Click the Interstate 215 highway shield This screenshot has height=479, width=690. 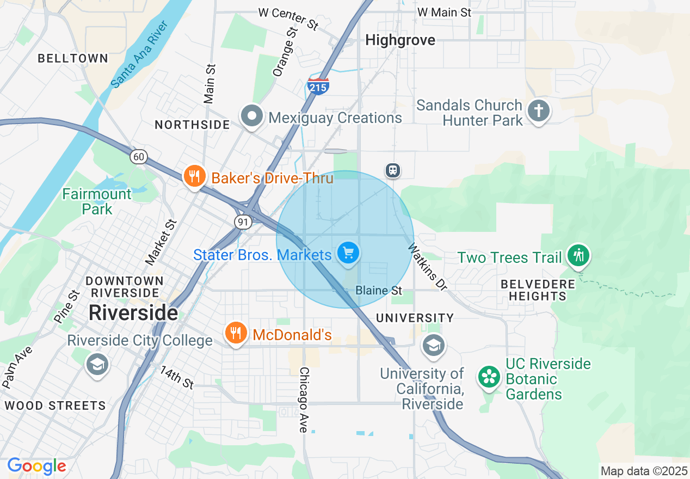318,86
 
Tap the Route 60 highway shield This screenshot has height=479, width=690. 139,157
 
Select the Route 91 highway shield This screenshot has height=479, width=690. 242,222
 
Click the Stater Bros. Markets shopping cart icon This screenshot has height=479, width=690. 348,253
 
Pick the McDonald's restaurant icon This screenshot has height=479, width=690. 235,333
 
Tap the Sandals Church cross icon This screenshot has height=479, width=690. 538,111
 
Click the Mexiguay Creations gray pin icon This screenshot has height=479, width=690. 252,116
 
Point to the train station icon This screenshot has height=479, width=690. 392,170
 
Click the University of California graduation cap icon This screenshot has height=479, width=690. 433,345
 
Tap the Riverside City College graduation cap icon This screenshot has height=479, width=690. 97,365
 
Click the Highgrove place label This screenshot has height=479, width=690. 400,40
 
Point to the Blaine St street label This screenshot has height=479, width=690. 378,291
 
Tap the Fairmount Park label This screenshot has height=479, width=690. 97,201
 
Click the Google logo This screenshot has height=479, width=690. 37,466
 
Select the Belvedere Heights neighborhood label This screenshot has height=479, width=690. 538,290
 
